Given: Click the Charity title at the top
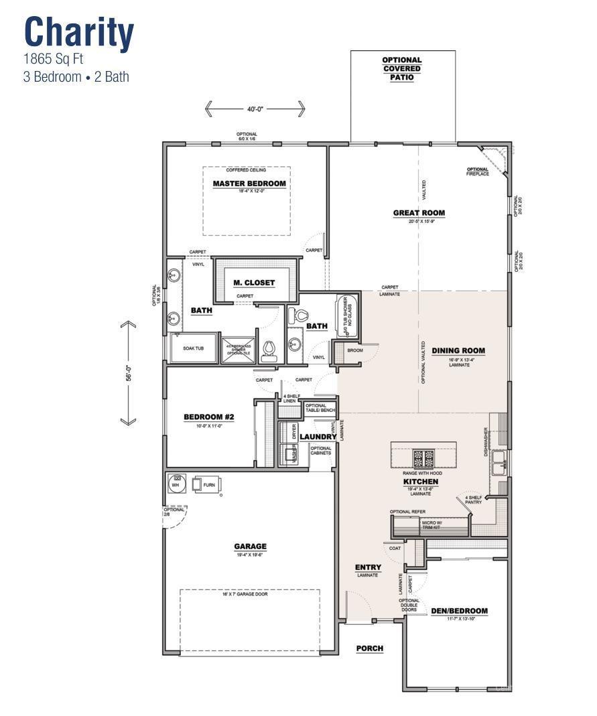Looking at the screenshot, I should tap(79, 32).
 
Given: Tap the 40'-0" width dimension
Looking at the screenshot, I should tap(255, 109).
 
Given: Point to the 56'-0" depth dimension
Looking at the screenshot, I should tap(128, 373).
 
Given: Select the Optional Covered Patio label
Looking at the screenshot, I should tap(402, 69).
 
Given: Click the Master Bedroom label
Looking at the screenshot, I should tap(249, 184).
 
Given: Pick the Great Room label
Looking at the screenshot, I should tap(419, 213).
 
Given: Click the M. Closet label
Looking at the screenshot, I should tap(254, 283).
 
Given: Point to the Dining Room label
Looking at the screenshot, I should tap(458, 350).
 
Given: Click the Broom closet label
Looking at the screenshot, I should tap(355, 350).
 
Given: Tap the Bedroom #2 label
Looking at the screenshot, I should tap(209, 417).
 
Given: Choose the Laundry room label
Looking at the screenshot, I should tap(318, 437).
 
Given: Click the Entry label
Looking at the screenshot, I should tap(368, 567).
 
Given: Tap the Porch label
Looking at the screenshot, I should tap(369, 648).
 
